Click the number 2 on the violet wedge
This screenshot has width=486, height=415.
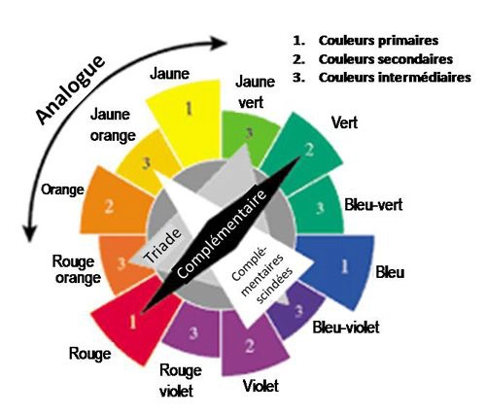(250, 346)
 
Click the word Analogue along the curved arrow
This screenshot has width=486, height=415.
(71, 89)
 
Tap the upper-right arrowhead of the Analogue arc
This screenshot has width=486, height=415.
(222, 43)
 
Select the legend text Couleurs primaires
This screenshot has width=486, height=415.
(378, 41)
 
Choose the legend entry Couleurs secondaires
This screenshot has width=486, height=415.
(386, 59)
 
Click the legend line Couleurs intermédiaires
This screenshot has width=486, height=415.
(395, 78)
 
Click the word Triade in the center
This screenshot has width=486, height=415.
(162, 245)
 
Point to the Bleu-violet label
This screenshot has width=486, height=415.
(346, 328)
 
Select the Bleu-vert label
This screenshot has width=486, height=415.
(373, 205)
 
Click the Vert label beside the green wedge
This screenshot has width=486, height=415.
(344, 122)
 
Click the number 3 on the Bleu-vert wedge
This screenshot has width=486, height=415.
(320, 208)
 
